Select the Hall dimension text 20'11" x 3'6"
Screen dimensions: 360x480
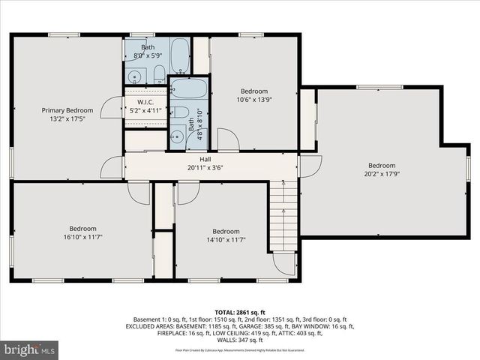coord(205,168)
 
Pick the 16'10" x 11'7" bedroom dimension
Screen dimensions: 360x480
coord(83,238)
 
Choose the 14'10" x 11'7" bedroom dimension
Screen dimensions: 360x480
coord(225,240)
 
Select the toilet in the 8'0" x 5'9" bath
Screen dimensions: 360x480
coord(159,73)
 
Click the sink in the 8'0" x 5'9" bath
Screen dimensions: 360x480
coord(136,76)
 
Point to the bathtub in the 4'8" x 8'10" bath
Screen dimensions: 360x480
coord(187,89)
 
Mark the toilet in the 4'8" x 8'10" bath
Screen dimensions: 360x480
coord(181,112)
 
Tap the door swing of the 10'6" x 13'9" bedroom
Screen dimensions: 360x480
coord(228,139)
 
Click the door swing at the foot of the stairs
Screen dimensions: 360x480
coord(284,262)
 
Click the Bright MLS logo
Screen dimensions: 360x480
coord(30,349)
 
